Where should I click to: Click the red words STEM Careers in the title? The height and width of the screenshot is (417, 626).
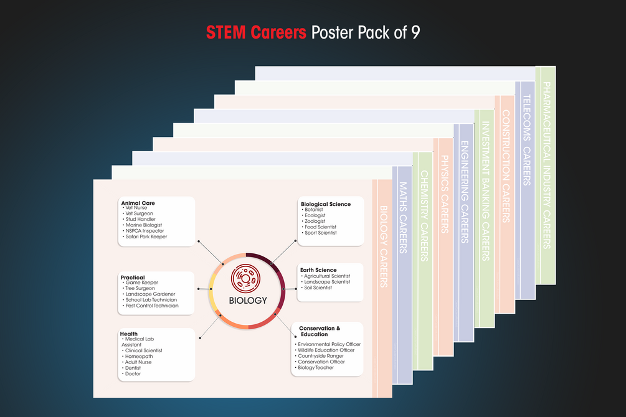pyautogui.click(x=256, y=32)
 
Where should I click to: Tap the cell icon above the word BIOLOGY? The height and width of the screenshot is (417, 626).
pyautogui.click(x=245, y=279)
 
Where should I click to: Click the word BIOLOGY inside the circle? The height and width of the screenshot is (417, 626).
pyautogui.click(x=248, y=301)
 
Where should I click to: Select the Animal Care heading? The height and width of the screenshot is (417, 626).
pyautogui.click(x=138, y=203)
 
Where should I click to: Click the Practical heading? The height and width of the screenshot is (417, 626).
pyautogui.click(x=133, y=278)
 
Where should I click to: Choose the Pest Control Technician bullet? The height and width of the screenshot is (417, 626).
pyautogui.click(x=151, y=306)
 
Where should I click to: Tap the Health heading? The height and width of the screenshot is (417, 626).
pyautogui.click(x=128, y=334)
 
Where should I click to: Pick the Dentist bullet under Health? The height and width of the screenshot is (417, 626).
pyautogui.click(x=131, y=368)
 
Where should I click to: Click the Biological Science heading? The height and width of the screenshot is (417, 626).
pyautogui.click(x=326, y=204)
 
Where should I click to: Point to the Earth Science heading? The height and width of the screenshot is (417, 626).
pyautogui.click(x=318, y=269)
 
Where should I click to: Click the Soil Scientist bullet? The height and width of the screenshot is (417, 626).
pyautogui.click(x=316, y=288)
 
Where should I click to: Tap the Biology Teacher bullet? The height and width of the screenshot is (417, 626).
pyautogui.click(x=315, y=367)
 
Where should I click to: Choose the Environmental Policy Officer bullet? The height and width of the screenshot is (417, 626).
pyautogui.click(x=328, y=344)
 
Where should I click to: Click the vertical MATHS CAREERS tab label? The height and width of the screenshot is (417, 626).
pyautogui.click(x=403, y=218)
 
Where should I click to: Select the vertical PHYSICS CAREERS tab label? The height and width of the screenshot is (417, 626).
pyautogui.click(x=444, y=194)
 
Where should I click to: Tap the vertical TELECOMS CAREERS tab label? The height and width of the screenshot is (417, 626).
pyautogui.click(x=526, y=140)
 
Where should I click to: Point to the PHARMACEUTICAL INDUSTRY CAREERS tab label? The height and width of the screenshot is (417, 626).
pyautogui.click(x=546, y=166)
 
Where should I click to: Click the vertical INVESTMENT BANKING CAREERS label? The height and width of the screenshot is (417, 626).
pyautogui.click(x=485, y=191)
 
